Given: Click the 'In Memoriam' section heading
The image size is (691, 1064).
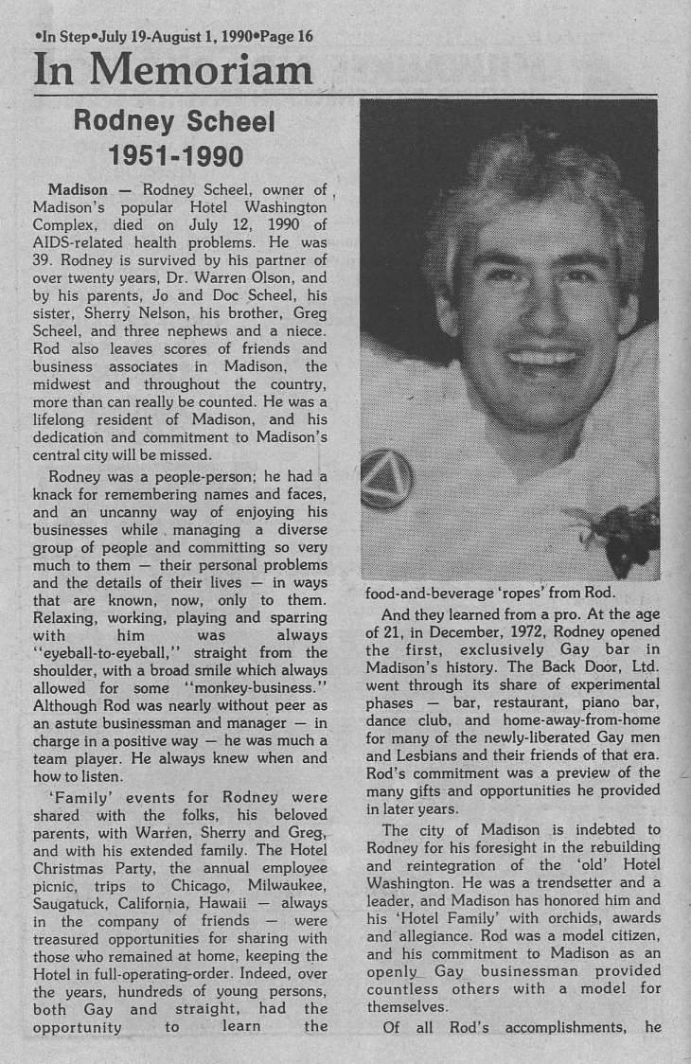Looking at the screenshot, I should tap(173, 69).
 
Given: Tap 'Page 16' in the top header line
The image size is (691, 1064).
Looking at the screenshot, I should tap(280, 36).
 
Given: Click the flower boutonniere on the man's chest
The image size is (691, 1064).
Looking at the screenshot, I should tap(617, 533).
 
